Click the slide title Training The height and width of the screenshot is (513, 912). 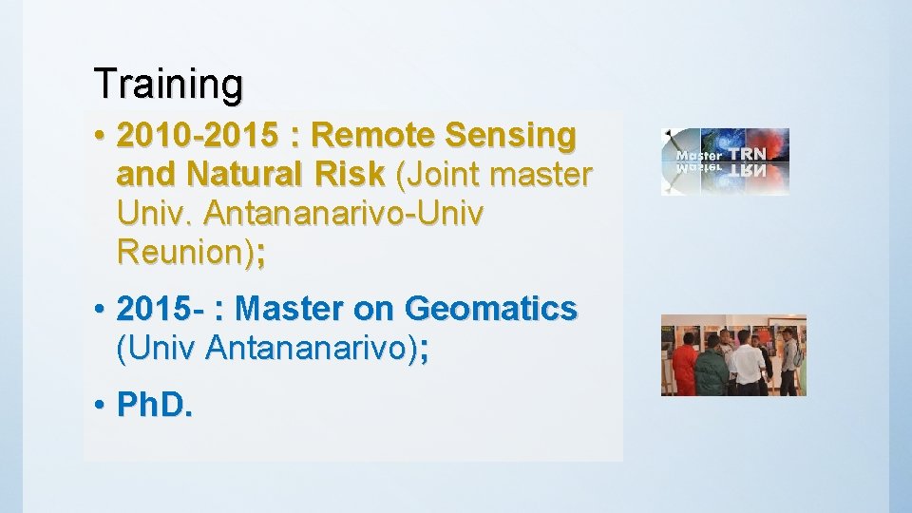coord(168,84)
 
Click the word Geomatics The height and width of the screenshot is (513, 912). coord(490,309)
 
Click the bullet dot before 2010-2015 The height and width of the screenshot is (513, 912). coord(100,137)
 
